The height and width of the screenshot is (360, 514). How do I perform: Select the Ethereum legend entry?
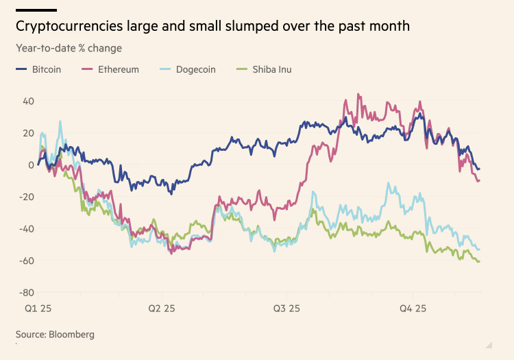pos(117,69)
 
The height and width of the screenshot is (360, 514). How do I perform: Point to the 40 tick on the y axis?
pos(29,101)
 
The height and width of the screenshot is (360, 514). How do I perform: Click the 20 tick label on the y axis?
pos(29,133)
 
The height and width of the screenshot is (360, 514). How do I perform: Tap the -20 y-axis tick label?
pos(27,197)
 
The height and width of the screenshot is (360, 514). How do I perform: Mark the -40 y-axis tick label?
pos(27,228)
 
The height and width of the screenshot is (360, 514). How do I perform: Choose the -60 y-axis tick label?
pos(27,261)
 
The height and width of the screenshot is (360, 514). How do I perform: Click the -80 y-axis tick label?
pos(27,292)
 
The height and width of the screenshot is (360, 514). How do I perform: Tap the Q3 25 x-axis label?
pos(286,309)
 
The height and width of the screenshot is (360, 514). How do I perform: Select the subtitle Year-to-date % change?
pos(69,48)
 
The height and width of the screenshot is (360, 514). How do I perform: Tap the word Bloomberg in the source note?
pos(71,335)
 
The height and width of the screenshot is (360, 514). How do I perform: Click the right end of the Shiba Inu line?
pos(479,261)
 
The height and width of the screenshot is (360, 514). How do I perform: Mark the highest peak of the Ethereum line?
pos(358,95)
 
